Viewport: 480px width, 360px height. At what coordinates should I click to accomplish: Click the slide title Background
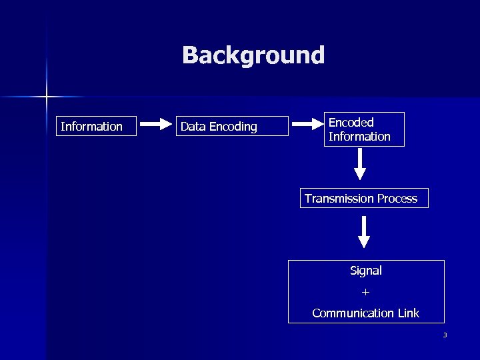pos(253,55)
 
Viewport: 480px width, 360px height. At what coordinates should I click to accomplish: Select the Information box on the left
pos(97,126)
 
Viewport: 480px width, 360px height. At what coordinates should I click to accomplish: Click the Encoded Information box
pos(365,129)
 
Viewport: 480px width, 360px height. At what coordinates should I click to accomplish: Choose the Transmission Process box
pos(364,198)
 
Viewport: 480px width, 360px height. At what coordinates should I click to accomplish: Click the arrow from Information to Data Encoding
pos(157,124)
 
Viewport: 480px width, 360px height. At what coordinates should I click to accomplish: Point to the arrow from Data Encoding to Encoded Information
pos(307,124)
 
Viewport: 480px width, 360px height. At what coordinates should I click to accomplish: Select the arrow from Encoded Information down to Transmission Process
pos(360,164)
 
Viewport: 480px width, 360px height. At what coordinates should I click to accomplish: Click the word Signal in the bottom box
pos(366,271)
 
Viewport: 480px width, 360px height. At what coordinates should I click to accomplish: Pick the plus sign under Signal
pos(365,292)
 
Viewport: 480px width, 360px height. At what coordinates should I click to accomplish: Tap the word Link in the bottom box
pos(408,313)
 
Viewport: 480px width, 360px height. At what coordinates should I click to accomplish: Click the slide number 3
pos(445,335)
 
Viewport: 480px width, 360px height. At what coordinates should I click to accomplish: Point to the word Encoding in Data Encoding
pos(233,127)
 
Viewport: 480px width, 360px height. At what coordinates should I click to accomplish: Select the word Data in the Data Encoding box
pos(193,127)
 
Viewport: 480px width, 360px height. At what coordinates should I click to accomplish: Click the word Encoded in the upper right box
pos(351,123)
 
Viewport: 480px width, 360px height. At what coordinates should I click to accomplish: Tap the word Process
pos(397,198)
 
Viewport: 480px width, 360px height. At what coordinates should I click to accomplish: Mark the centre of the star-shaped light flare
pos(47,97)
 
